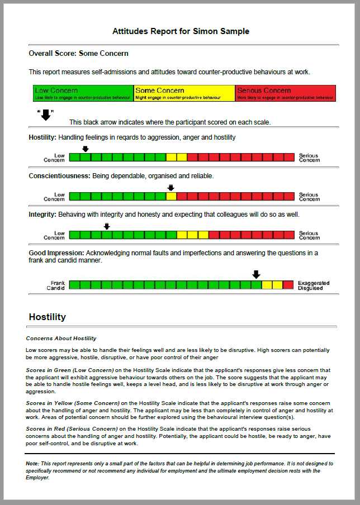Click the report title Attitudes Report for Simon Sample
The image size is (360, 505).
pos(181,31)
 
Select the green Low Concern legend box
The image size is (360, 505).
pos(83,93)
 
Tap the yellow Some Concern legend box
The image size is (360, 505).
pos(184,93)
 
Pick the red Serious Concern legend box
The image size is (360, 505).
pos(285,93)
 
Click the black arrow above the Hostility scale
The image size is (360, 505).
pos(85,149)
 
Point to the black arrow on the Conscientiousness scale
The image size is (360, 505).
pos(171,188)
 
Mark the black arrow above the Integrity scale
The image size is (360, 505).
pos(107,226)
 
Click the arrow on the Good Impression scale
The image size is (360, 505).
pos(256,274)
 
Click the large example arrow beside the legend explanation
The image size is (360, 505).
pos(46,116)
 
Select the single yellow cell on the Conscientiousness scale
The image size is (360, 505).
pos(171,196)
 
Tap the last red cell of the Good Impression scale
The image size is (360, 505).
pos(288,285)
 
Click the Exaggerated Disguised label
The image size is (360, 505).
pos(314,285)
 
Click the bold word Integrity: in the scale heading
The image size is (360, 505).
pos(42,215)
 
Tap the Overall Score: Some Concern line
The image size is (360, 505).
pos(79,54)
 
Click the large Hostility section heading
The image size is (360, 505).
pos(47,317)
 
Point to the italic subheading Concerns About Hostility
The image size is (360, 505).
pos(61,339)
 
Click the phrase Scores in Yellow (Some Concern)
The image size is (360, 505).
pos(73,403)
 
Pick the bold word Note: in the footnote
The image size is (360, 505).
pos(33,464)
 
